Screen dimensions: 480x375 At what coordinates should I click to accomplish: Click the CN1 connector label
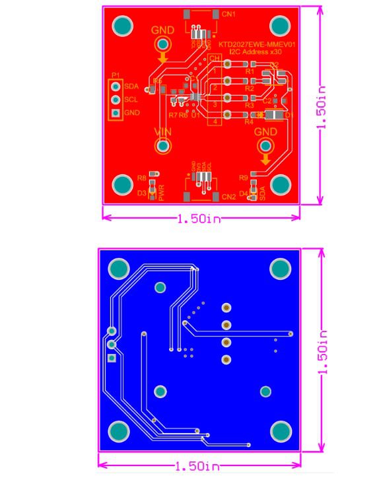[x=229, y=14]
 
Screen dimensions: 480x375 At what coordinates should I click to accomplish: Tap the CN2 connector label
[x=229, y=197]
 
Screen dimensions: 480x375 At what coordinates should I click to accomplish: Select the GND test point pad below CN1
[x=161, y=44]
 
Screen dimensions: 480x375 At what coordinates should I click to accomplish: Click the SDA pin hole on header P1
[x=116, y=86]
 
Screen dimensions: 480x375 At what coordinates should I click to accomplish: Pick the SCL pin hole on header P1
[x=116, y=100]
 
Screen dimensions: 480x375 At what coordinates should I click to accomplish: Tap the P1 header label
[x=116, y=75]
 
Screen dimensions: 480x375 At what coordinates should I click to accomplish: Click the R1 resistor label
[x=249, y=71]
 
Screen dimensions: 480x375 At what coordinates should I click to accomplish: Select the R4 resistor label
[x=249, y=122]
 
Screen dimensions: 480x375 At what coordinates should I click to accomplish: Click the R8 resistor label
[x=141, y=178]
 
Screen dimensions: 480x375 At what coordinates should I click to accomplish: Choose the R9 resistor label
[x=244, y=178]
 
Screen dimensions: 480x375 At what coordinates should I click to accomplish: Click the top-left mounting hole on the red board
[x=122, y=26]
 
